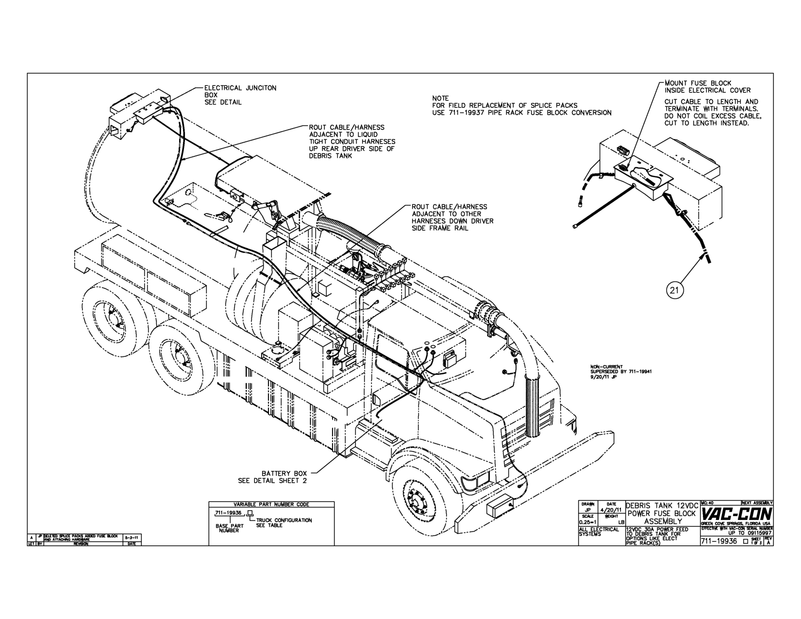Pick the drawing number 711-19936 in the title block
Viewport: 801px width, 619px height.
[718, 541]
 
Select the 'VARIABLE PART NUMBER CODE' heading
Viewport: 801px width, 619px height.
[271, 504]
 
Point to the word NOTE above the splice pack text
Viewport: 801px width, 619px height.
[440, 99]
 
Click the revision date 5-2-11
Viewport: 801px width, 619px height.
[130, 537]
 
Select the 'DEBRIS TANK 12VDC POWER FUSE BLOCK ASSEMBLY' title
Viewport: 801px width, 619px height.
[662, 513]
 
